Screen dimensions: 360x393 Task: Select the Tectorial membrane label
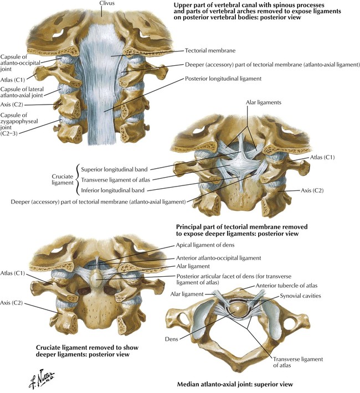point(210,50)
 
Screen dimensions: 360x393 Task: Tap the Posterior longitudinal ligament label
point(223,79)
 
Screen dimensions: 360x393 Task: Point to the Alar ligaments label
point(264,102)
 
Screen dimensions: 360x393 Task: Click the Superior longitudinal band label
point(114,169)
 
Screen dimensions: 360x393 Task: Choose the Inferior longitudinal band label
point(112,190)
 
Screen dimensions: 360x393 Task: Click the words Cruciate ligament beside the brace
point(62,180)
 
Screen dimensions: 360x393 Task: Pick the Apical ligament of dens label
point(205,245)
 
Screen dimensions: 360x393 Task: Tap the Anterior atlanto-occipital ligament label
point(219,258)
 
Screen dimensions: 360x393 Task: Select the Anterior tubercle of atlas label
point(286,286)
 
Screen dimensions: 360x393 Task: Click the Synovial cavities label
point(301,296)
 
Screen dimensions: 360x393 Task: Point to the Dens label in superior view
point(172,339)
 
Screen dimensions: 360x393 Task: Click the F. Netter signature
point(42,379)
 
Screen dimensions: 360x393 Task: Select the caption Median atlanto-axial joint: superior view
point(235,384)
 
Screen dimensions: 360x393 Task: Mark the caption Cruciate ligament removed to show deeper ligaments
point(87,351)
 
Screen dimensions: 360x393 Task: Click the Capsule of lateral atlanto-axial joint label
point(22,92)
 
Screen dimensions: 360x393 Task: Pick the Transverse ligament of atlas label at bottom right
point(298,362)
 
